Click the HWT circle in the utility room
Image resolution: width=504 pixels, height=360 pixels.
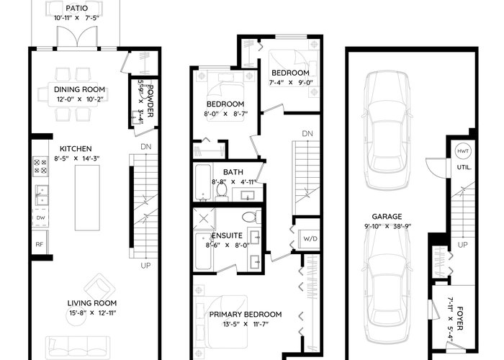click(463, 151)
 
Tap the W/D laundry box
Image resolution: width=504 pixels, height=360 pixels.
click(310, 239)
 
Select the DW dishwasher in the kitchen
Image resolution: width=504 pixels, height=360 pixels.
click(40, 217)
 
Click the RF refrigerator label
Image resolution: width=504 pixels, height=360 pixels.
click(39, 244)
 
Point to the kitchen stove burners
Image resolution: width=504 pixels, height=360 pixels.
click(40, 166)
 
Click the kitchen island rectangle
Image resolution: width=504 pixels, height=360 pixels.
click(87, 198)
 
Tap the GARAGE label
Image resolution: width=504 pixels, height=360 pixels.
click(387, 217)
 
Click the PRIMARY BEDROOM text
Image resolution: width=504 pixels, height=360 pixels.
click(246, 315)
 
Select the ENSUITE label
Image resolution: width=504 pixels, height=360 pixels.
click(228, 235)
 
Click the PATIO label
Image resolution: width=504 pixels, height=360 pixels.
click(76, 9)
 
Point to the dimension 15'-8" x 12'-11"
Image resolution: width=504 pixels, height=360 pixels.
click(92, 312)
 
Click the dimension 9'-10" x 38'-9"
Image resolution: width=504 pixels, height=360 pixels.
click(387, 226)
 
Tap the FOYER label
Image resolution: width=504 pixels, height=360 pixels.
click(460, 318)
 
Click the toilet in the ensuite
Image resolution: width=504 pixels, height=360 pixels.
click(251, 217)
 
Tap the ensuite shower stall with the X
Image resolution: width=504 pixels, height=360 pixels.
click(204, 219)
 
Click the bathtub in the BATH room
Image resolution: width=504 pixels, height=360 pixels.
click(203, 182)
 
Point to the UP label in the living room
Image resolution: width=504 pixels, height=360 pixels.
click(145, 266)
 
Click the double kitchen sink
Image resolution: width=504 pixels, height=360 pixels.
click(42, 195)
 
